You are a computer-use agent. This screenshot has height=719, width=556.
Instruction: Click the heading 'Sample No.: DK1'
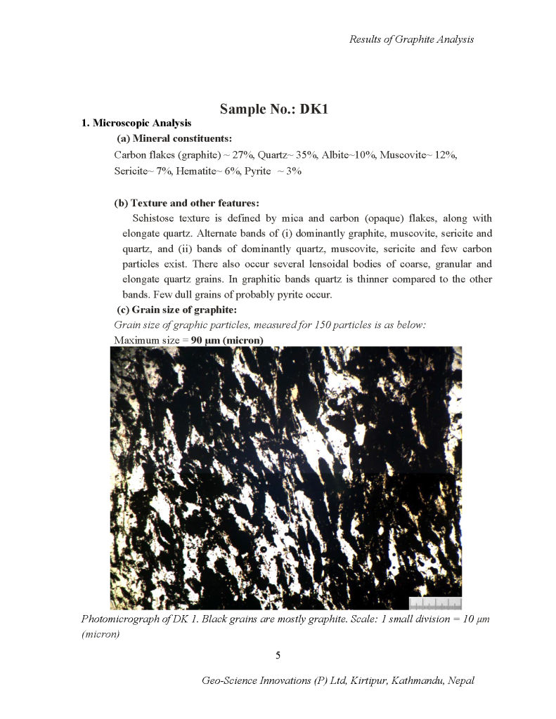point(274,109)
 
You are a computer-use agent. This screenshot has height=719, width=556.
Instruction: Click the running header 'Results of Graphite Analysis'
point(411,39)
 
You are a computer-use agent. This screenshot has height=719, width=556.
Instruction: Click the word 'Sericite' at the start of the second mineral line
point(129,171)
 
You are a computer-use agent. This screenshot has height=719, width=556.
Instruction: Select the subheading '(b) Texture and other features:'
point(186,203)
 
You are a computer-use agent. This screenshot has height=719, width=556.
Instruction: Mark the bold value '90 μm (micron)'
point(227,341)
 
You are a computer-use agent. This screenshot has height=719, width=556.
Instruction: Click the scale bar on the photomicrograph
point(435,603)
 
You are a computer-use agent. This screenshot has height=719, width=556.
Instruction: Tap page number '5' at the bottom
point(278,655)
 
